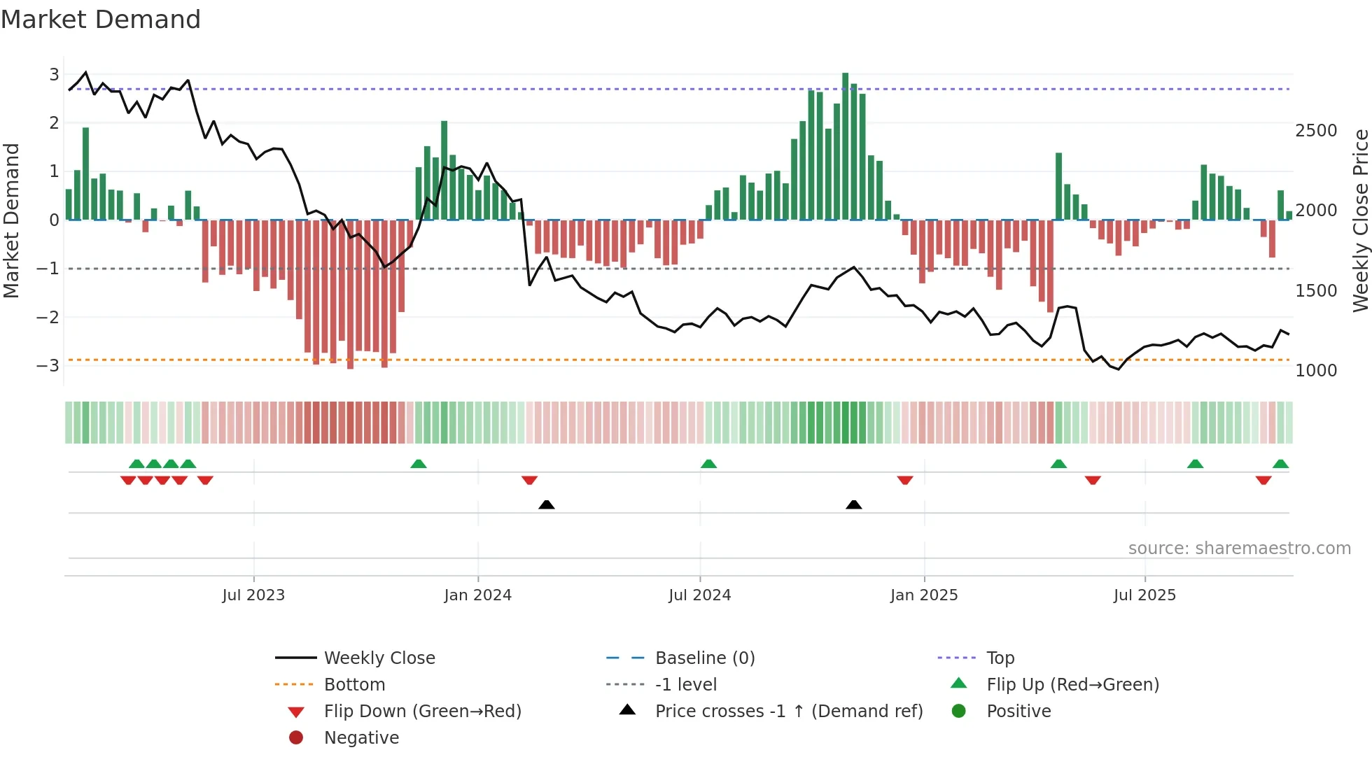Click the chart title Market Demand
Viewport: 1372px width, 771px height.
click(x=101, y=20)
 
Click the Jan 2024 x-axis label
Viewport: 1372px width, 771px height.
click(x=477, y=595)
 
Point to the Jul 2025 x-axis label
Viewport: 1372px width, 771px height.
click(x=1144, y=595)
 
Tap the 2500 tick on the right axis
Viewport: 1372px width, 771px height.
click(x=1316, y=131)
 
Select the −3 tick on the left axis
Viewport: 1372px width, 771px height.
click(x=48, y=366)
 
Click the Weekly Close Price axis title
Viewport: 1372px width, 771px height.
click(x=1360, y=220)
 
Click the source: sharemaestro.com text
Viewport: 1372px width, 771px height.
click(x=1239, y=549)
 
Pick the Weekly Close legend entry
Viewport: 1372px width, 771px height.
click(x=379, y=658)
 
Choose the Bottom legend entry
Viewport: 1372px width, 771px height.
click(x=354, y=685)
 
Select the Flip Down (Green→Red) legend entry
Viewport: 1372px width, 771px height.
click(x=422, y=712)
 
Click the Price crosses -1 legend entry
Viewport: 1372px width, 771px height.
click(x=788, y=712)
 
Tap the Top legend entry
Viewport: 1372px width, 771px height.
click(x=1000, y=658)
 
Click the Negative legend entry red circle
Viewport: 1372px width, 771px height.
click(x=296, y=738)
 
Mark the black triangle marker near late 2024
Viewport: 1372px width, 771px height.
click(x=853, y=504)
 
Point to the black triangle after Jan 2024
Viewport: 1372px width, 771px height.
click(x=547, y=504)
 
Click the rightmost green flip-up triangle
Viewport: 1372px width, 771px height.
click(x=1280, y=464)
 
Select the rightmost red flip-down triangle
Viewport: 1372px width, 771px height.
click(x=1263, y=480)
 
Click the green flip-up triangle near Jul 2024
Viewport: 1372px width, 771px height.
click(x=708, y=464)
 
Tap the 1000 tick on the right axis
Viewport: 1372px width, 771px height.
click(x=1316, y=371)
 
